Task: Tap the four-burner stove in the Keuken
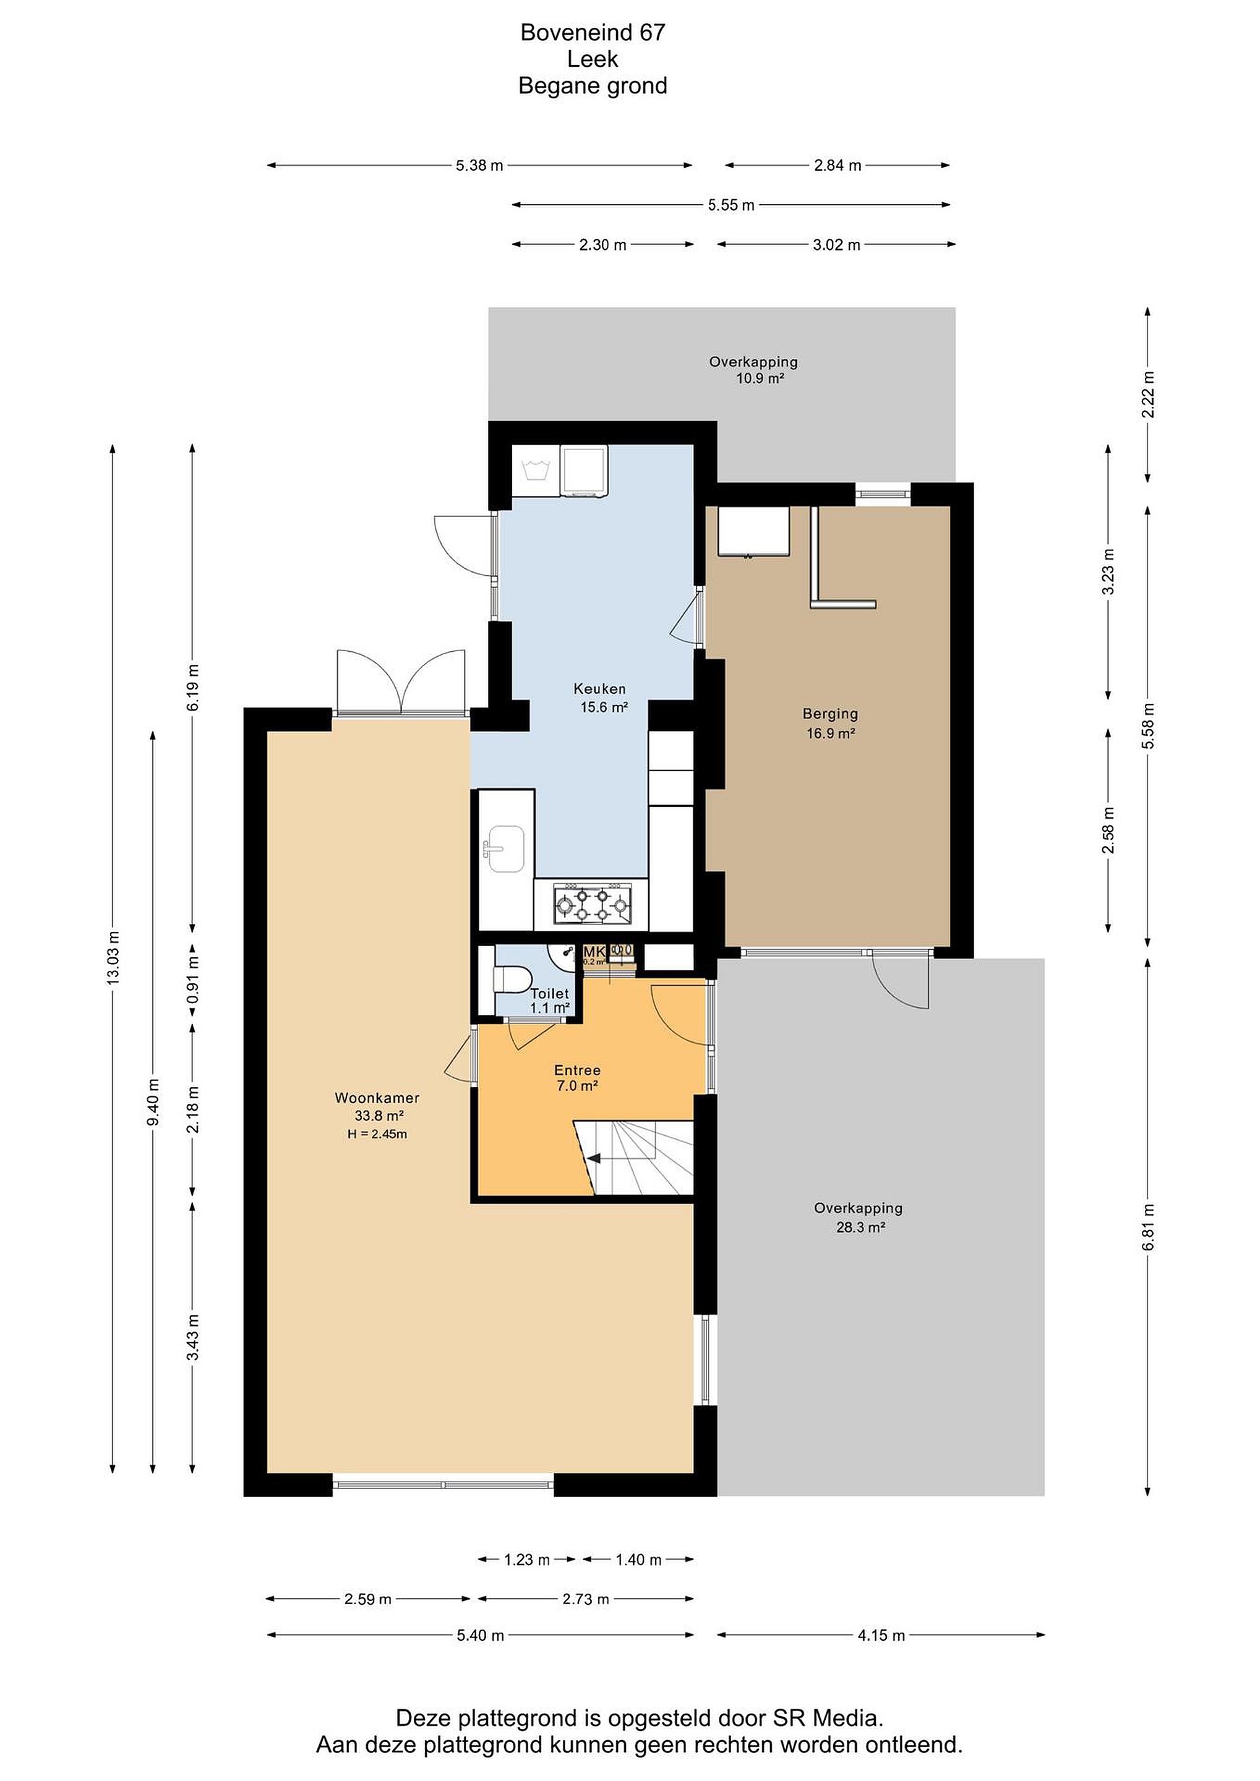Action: coord(592,905)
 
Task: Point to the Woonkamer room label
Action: coord(377,1098)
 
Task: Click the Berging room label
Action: coord(830,714)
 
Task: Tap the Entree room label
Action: coord(577,1070)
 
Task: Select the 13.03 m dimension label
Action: coord(113,957)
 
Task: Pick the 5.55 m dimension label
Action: coord(731,205)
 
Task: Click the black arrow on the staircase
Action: coord(594,1159)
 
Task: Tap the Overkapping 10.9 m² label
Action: coord(753,370)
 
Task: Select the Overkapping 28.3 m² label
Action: coord(858,1217)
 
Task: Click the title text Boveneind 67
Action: coord(593,33)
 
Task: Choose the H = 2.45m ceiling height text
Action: coord(377,1134)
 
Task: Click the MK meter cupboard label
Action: coord(594,952)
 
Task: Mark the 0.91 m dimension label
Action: coord(193,979)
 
